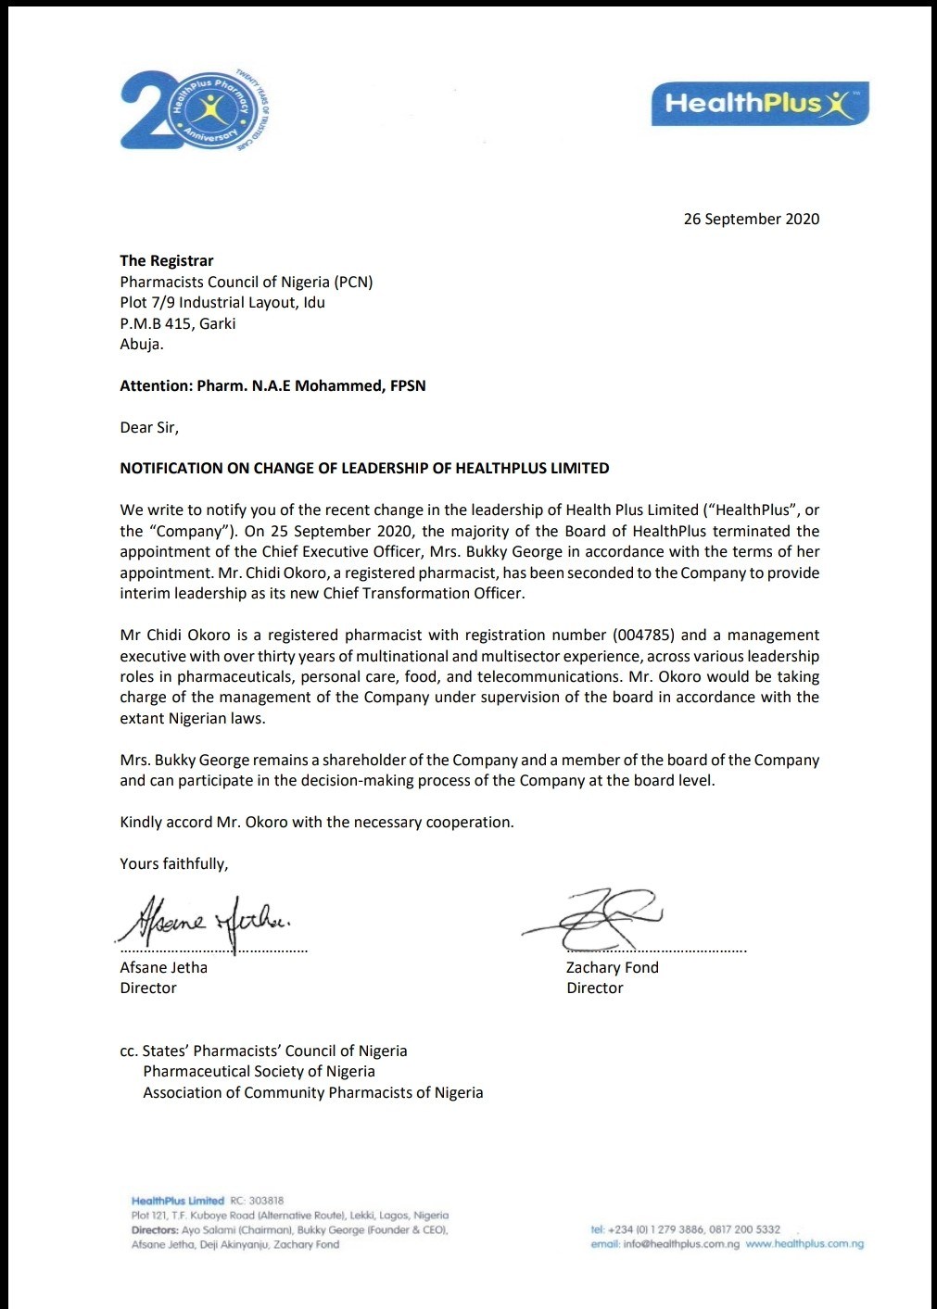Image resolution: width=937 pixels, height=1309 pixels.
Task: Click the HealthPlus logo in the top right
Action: [760, 103]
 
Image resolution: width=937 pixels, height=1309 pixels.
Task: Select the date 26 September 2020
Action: [751, 219]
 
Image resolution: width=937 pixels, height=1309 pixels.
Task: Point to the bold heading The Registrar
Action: [167, 260]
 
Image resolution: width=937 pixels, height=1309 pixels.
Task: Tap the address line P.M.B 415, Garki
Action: [178, 323]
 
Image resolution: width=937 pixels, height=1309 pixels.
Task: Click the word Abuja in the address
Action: [140, 344]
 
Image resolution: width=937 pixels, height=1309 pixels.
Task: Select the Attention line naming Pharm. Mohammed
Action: [272, 385]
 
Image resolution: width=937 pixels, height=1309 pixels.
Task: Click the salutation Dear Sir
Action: [148, 427]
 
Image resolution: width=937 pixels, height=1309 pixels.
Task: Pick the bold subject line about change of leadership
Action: [364, 468]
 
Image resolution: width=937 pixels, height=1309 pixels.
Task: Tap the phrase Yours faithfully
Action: [173, 863]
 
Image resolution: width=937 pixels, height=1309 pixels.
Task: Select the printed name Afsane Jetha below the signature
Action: [163, 967]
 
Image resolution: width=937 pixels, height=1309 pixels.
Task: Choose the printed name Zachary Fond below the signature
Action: [612, 967]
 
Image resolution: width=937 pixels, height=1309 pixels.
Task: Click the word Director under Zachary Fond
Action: [595, 988]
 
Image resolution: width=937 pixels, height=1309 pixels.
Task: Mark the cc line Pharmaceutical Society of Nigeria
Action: [259, 1071]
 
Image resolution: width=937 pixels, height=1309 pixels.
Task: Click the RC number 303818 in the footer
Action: [266, 1201]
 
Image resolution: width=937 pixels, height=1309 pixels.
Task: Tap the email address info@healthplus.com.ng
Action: [681, 1244]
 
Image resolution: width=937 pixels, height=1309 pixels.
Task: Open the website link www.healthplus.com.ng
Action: [804, 1244]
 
